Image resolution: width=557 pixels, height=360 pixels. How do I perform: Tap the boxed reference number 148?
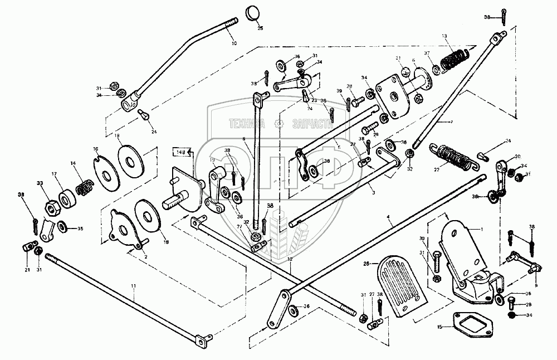(x=180, y=152)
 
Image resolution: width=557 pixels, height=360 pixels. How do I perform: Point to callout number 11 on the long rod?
(x=133, y=286)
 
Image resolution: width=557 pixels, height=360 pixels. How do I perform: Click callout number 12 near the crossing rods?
(x=290, y=260)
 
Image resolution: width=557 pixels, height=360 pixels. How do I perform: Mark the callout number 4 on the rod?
(x=392, y=223)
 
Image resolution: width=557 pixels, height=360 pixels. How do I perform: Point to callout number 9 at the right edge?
(x=537, y=270)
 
